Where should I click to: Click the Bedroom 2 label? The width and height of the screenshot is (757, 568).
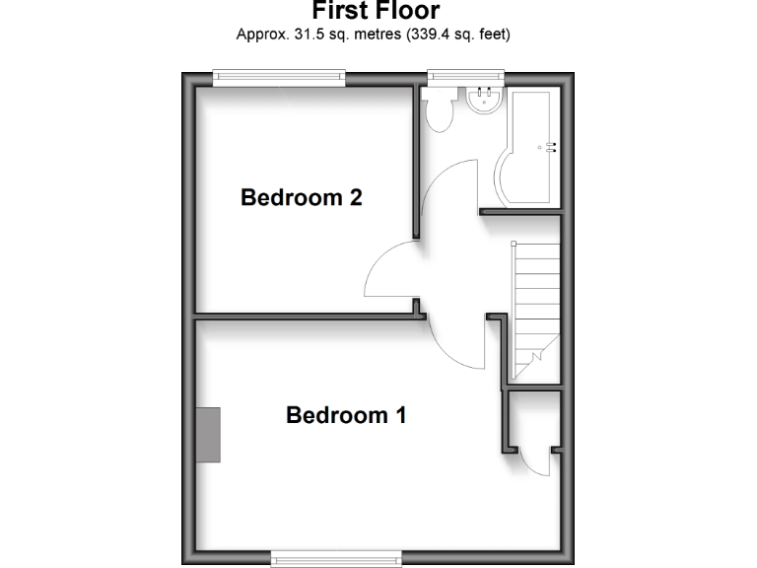(302, 197)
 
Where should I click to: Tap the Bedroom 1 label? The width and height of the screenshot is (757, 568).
(346, 415)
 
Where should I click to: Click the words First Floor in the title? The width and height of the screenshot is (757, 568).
(376, 11)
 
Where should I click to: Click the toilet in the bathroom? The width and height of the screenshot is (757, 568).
(440, 110)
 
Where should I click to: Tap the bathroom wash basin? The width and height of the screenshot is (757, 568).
(484, 100)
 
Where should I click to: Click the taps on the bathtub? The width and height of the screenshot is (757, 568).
(550, 148)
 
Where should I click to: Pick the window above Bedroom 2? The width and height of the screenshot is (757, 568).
(280, 76)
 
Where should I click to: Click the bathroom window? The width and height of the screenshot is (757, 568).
(465, 76)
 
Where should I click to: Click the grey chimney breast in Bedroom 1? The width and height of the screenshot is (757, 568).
(208, 435)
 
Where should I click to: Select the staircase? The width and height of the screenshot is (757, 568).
(535, 296)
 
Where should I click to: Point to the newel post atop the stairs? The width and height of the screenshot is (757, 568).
(515, 244)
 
